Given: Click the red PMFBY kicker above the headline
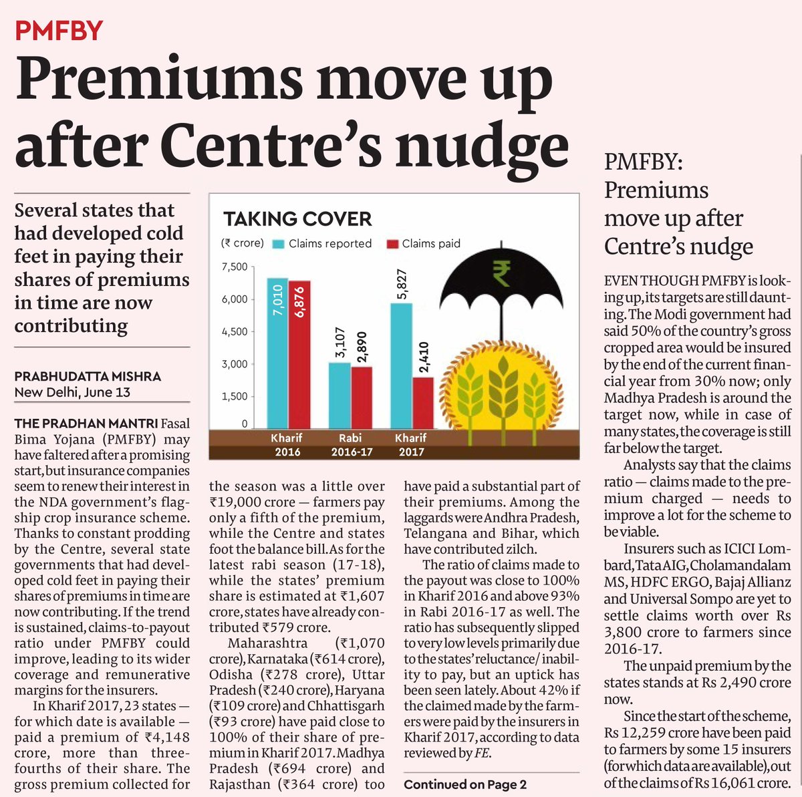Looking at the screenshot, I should [59, 31].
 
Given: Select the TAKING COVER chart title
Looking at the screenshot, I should [297, 219].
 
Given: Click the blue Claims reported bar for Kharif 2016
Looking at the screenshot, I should [277, 354].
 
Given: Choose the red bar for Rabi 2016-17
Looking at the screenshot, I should [362, 398].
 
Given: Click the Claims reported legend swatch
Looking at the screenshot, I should [277, 244].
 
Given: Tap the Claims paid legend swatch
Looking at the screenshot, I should [391, 244].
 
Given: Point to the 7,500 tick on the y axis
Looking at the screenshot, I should [235, 267].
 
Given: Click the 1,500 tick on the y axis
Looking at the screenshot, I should [235, 396].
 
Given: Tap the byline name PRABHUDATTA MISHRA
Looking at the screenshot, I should [88, 377].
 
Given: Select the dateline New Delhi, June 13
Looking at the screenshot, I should [72, 392].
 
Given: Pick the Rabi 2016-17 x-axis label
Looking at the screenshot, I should [350, 445].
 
